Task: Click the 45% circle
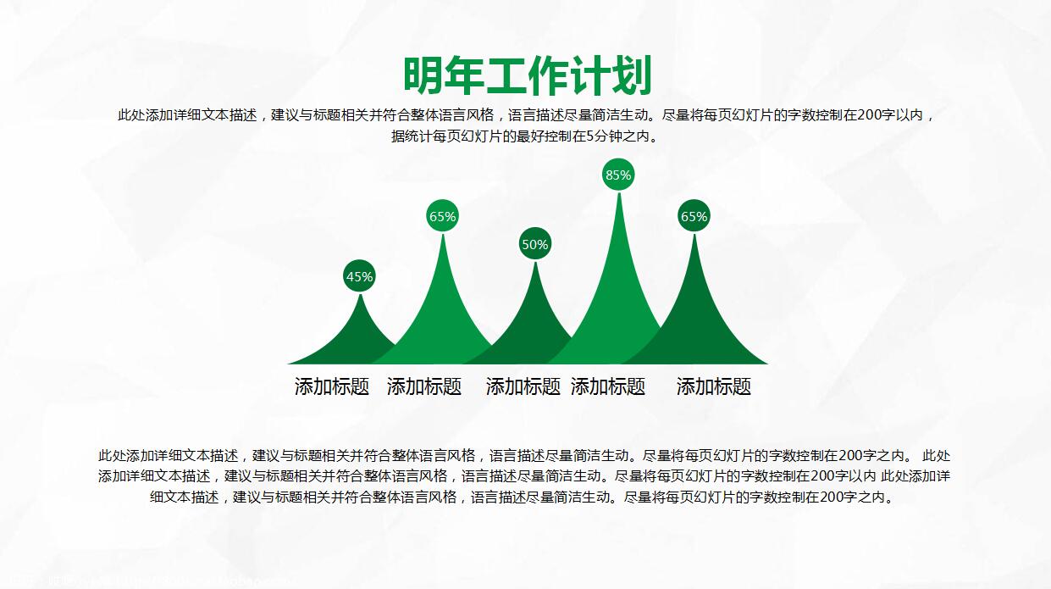click(359, 276)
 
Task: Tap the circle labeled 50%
click(534, 244)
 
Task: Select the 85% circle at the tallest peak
click(618, 175)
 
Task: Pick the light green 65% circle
click(442, 216)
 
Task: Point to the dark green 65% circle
click(694, 216)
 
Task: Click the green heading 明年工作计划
click(526, 76)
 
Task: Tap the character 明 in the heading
click(423, 76)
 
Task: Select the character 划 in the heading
click(631, 76)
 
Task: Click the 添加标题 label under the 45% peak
click(332, 387)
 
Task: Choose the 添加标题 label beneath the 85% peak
click(608, 387)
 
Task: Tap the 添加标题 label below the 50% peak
click(523, 387)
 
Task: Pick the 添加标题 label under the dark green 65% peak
click(714, 387)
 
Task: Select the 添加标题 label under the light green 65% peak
click(424, 387)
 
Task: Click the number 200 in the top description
click(870, 116)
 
